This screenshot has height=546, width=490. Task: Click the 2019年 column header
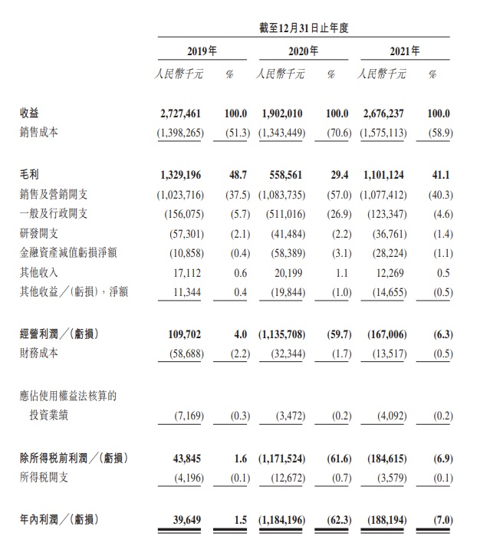pyautogui.click(x=202, y=51)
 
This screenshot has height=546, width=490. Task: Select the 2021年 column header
pyautogui.click(x=406, y=51)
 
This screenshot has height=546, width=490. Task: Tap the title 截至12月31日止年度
pyautogui.click(x=304, y=28)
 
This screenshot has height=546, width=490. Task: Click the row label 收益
pyautogui.click(x=29, y=113)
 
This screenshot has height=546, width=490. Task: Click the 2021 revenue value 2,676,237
pyautogui.click(x=384, y=113)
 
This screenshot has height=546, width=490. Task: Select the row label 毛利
pyautogui.click(x=29, y=176)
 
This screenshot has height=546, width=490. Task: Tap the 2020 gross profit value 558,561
pyautogui.click(x=286, y=176)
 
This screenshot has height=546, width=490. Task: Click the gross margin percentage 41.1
pyautogui.click(x=439, y=176)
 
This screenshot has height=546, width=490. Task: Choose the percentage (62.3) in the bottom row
pyautogui.click(x=336, y=521)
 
